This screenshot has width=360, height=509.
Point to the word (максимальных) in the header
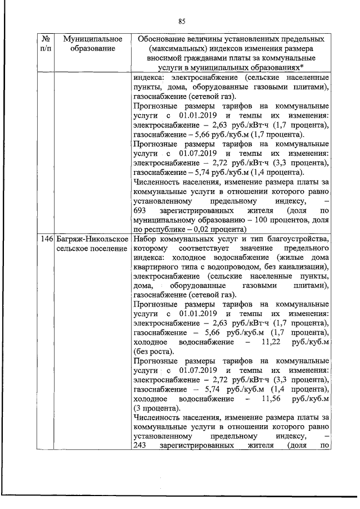[x=167, y=48]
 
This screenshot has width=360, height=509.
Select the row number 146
[x=47, y=239]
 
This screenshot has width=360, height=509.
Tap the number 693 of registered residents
[x=141, y=211]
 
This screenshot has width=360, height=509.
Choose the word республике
[x=164, y=229]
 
